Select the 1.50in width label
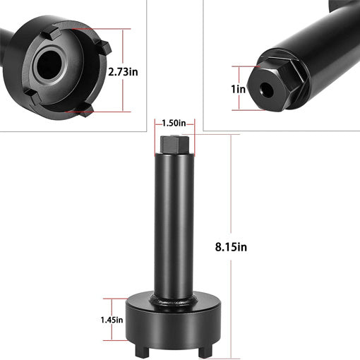[173, 123]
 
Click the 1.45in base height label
[111, 319]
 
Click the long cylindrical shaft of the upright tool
[173, 226]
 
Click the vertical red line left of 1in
[240, 89]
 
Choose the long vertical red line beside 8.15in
[234, 212]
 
